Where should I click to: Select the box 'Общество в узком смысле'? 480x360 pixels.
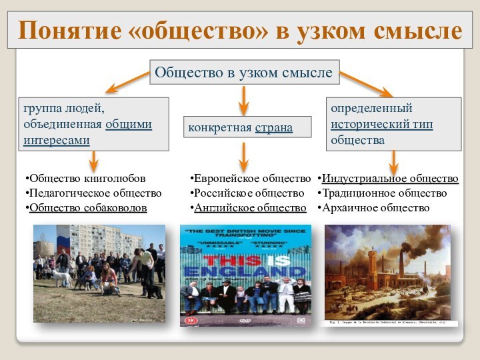tap(244, 71)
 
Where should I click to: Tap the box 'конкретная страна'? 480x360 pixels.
tap(247, 127)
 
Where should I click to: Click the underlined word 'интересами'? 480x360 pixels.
tap(57, 140)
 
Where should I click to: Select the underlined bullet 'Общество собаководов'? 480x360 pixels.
tap(87, 207)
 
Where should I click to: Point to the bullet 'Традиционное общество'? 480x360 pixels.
tap(383, 193)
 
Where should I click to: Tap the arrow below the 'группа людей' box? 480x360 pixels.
tap(93, 160)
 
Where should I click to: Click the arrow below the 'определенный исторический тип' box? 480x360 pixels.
tap(393, 162)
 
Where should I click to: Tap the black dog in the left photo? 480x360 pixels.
tap(153, 291)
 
